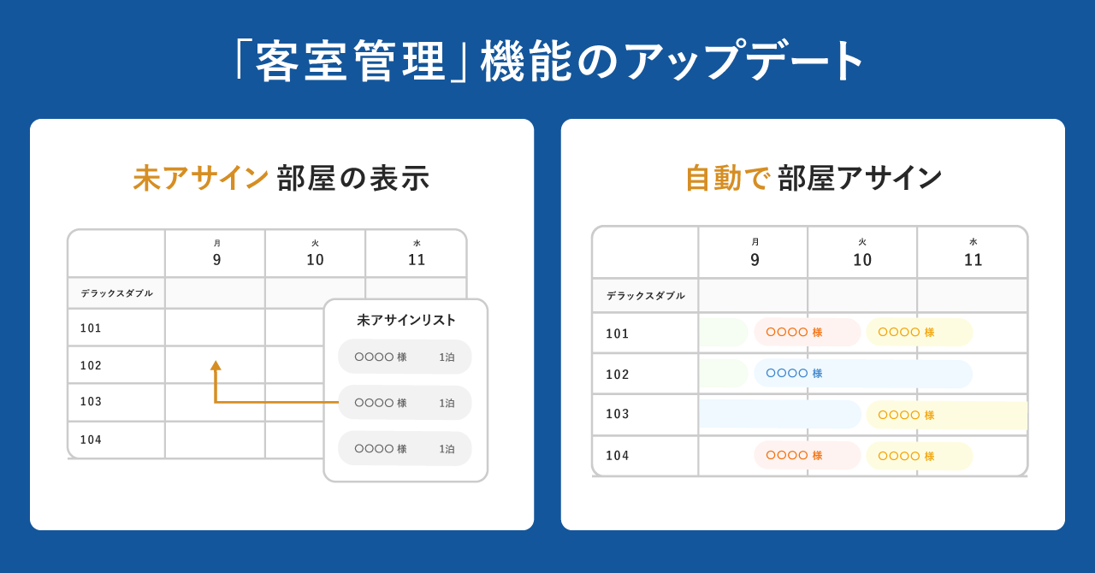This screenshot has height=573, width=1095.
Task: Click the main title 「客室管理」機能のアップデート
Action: pos(547,62)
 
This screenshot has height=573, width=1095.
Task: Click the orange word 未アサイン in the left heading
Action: pos(201,178)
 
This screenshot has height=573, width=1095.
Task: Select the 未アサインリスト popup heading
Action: pos(406,320)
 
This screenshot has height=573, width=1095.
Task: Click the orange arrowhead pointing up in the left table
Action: pos(216,366)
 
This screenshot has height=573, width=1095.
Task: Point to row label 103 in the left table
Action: pos(92,402)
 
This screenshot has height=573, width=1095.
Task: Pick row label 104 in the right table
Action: pos(618,456)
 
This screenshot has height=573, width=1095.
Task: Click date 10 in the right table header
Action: pos(862,260)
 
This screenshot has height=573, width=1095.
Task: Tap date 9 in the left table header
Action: pos(216,260)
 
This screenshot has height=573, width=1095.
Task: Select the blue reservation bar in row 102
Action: pos(862,374)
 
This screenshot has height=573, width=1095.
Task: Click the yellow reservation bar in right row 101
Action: pos(919,333)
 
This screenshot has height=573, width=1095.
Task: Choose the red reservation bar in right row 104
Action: pos(807,456)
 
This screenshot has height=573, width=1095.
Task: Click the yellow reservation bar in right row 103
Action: pos(946,415)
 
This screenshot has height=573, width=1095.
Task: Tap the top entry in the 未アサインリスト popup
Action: pos(405,357)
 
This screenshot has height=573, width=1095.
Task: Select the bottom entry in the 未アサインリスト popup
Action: pos(405,448)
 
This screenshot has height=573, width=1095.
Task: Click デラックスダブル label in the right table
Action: pos(646,296)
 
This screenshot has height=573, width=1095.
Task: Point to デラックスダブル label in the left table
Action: pos(117,293)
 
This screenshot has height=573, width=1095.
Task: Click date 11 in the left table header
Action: pos(417,260)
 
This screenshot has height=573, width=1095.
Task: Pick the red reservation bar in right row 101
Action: pos(807,333)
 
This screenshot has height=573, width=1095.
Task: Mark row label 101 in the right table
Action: pos(618,334)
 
